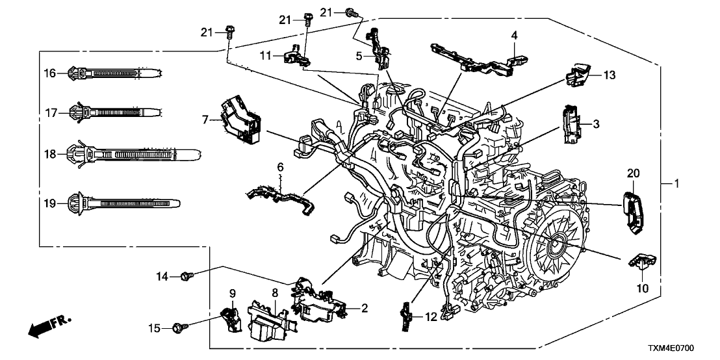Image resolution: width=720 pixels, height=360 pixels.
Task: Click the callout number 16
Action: [50, 73]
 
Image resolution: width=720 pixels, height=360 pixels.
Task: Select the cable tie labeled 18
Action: [130, 155]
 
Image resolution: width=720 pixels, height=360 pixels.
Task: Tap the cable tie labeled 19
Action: [123, 203]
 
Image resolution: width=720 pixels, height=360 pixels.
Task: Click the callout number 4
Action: [513, 36]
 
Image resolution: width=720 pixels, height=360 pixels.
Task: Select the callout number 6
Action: [281, 168]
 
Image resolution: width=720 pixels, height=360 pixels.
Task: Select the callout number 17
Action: [50, 112]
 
